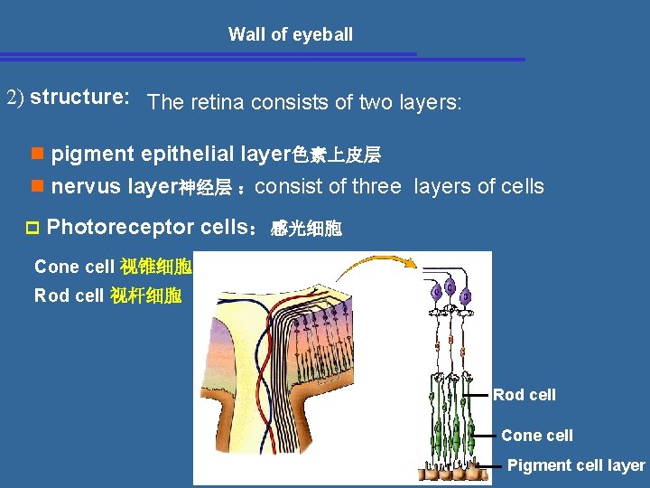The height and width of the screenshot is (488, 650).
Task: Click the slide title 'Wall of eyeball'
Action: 290,35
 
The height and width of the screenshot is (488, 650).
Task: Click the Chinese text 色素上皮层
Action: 336,155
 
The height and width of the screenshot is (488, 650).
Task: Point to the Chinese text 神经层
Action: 205,188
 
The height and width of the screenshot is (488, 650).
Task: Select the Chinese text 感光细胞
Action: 306,229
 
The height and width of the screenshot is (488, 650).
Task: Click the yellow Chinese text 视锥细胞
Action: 154,267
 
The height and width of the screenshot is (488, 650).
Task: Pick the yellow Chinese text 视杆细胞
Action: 145,296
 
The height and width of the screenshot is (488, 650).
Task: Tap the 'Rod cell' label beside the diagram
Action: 524,395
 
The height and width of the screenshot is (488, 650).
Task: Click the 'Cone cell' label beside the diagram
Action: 536,436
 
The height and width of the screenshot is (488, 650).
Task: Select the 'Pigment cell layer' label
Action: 575,465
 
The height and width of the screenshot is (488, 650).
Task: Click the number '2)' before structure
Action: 15,98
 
